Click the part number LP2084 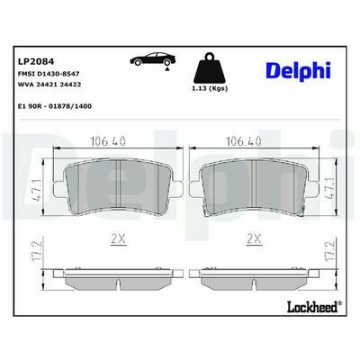click(x=36, y=61)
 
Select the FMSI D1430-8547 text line click(x=49, y=74)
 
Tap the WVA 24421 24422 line click(x=49, y=85)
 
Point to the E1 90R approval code click(x=55, y=106)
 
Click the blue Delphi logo click(x=298, y=71)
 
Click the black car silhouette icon click(x=153, y=58)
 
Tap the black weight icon click(x=210, y=68)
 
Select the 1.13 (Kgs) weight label click(x=210, y=88)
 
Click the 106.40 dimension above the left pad click(x=108, y=141)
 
